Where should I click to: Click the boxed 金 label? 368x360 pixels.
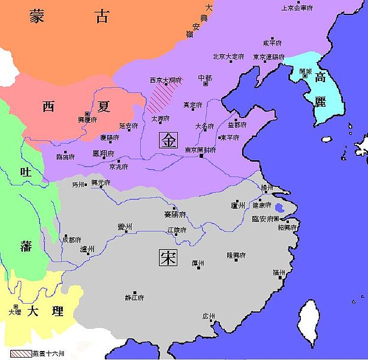tap(168, 140)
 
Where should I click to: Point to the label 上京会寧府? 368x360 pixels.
tap(298, 8)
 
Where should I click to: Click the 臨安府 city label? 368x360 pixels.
tap(264, 219)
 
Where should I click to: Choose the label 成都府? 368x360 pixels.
tap(71, 239)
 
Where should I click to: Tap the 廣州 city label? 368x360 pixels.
tap(209, 316)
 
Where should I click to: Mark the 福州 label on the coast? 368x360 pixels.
tap(279, 272)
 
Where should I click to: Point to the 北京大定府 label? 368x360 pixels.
tap(228, 57)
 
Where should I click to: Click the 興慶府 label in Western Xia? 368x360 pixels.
tap(88, 121)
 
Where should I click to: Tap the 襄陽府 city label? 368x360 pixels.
tap(174, 214)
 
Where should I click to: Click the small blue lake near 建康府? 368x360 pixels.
tap(279, 209)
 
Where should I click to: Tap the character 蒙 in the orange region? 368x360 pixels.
tap(38, 17)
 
